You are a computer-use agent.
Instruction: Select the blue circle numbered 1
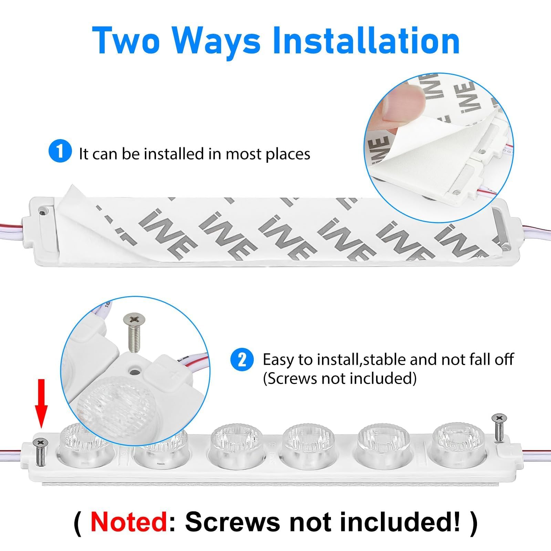click(x=60, y=152)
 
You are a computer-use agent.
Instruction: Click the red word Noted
click(x=129, y=522)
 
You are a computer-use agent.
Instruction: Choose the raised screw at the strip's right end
click(x=498, y=427)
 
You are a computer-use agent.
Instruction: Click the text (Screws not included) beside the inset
click(x=340, y=378)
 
